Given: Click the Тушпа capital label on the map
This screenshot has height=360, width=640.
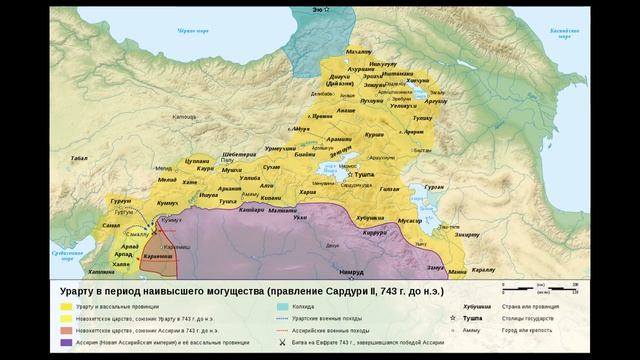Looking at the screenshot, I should click(x=364, y=174).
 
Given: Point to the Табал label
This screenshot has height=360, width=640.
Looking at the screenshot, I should click(x=80, y=158).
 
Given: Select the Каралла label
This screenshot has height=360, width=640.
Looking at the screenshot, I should click(x=484, y=271).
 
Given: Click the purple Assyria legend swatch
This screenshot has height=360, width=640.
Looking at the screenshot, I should click(x=64, y=342).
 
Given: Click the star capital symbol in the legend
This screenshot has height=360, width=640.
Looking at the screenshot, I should click(x=452, y=318).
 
